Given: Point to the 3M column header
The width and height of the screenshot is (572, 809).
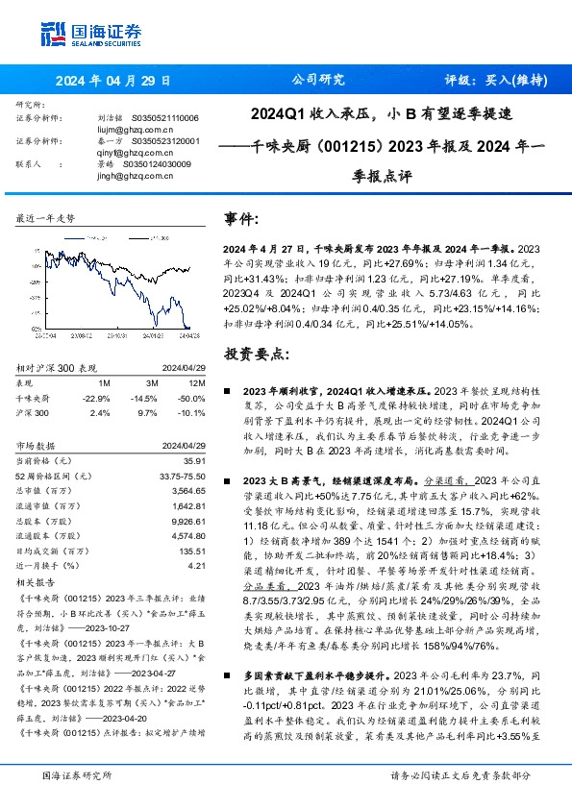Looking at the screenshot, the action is [145, 381].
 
